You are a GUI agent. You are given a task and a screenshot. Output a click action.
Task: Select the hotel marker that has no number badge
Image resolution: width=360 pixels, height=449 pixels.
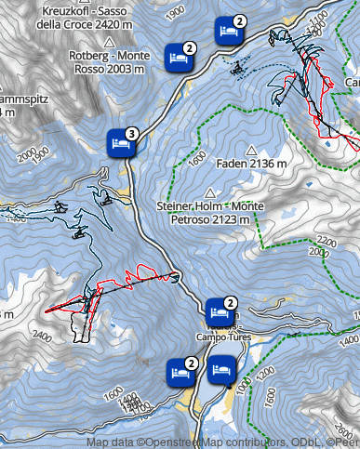(220, 372)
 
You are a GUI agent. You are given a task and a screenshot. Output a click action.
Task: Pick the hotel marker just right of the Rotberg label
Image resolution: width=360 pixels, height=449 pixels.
(179, 58)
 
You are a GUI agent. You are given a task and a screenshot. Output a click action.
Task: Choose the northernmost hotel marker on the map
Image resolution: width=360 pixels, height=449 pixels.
(227, 31)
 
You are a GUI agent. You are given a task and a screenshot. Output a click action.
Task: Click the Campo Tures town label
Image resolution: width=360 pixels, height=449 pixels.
(219, 336)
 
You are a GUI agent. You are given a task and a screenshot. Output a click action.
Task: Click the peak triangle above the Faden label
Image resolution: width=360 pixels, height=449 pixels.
(250, 149)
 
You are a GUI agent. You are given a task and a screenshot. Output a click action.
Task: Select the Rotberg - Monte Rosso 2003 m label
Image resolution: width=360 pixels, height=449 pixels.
(109, 60)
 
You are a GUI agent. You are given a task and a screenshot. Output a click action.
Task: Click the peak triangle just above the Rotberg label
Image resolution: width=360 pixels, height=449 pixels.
(109, 42)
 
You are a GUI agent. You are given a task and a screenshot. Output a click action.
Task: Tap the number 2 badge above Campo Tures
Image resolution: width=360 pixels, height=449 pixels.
(231, 303)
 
